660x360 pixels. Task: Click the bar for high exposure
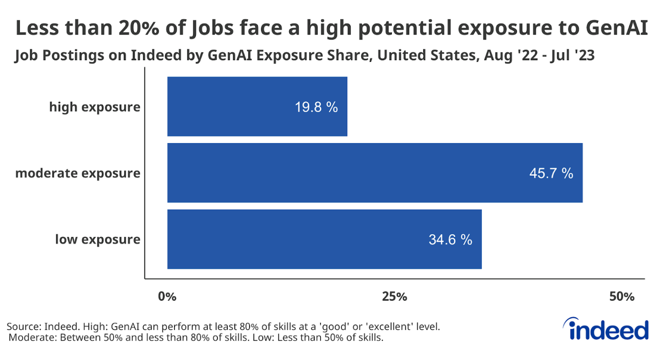click(257, 107)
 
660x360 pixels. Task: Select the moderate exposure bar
click(375, 173)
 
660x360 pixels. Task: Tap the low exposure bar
click(324, 239)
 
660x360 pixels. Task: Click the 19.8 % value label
click(316, 107)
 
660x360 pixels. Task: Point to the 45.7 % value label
click(551, 173)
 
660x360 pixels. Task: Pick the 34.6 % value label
click(450, 239)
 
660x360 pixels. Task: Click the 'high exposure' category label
click(95, 107)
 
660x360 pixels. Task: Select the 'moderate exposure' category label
click(78, 173)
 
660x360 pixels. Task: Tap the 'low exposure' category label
click(98, 239)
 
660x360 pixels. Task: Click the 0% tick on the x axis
click(167, 296)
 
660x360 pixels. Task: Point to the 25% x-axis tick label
click(394, 296)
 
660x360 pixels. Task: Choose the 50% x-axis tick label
click(622, 296)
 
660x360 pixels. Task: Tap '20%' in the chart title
click(140, 28)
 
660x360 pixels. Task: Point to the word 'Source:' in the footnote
click(24, 326)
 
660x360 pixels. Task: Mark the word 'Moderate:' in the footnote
click(33, 338)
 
